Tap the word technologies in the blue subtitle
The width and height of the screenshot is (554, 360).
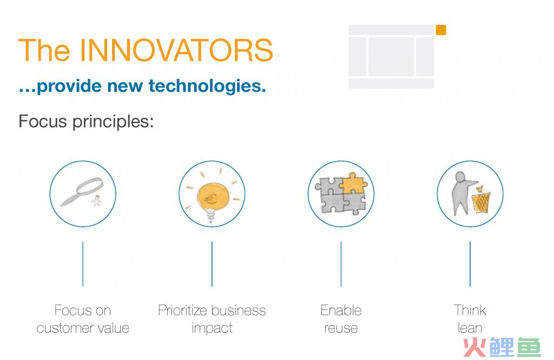pyautogui.click(x=207, y=86)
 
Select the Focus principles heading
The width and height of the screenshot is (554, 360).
pyautogui.click(x=86, y=122)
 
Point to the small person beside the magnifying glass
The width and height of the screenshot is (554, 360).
pyautogui.click(x=96, y=201)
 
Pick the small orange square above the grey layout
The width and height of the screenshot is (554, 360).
pyautogui.click(x=441, y=30)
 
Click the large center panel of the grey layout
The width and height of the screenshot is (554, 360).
pyautogui.click(x=391, y=56)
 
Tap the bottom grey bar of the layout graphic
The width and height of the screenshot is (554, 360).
pyautogui.click(x=391, y=83)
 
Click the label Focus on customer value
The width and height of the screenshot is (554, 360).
pyautogui.click(x=83, y=319)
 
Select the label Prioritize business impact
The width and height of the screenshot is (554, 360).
pyautogui.click(x=212, y=319)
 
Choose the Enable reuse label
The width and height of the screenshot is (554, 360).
pyautogui.click(x=341, y=319)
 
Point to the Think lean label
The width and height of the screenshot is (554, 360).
pyautogui.click(x=470, y=319)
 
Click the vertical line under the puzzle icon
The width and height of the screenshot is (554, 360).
pyautogui.click(x=341, y=264)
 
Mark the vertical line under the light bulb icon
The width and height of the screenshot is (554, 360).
pyautogui.click(x=212, y=264)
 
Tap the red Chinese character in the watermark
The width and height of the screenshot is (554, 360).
pyautogui.click(x=475, y=348)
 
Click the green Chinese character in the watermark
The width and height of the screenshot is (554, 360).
pyautogui.click(x=529, y=348)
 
